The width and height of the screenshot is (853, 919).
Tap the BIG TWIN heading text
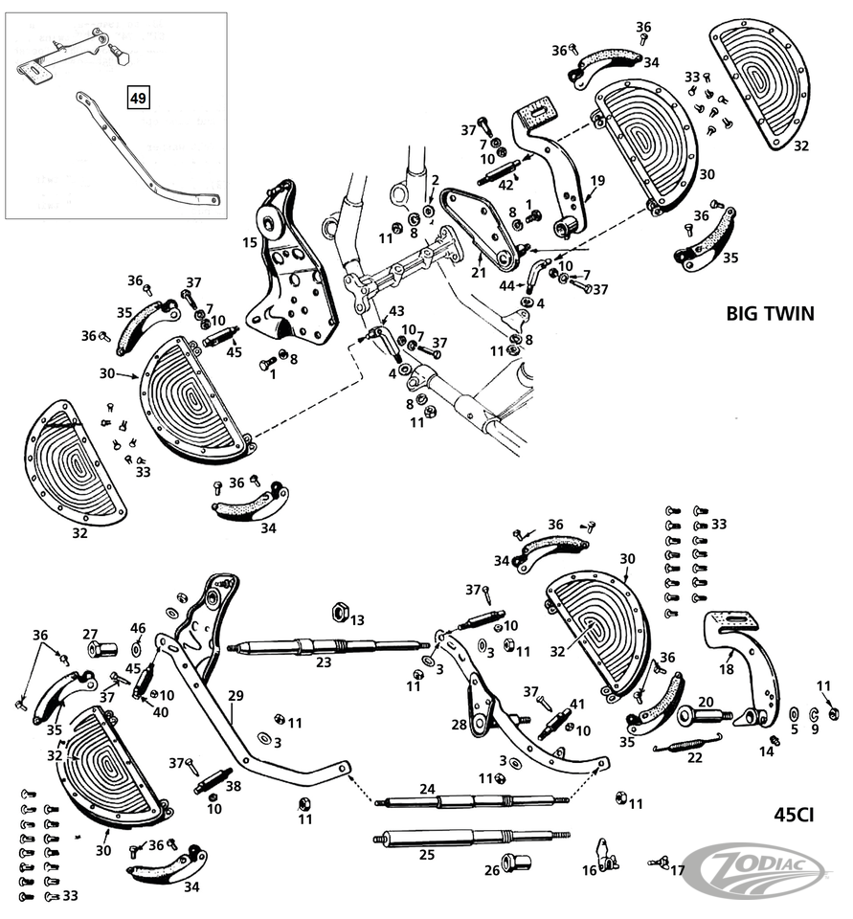[x=770, y=313]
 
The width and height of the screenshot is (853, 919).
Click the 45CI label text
[x=794, y=816]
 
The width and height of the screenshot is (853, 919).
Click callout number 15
[x=250, y=243]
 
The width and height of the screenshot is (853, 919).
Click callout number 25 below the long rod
[x=427, y=855]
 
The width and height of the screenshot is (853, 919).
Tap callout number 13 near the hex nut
[x=356, y=620]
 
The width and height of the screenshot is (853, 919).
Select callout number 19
[x=597, y=180]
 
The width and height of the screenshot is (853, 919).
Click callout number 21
[x=479, y=272]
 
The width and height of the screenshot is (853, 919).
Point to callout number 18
[x=727, y=669]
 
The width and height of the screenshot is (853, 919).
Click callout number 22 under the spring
[x=695, y=757]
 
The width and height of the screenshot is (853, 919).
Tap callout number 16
[x=590, y=870]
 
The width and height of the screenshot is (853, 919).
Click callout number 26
[x=491, y=870]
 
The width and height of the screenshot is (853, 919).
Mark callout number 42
[x=505, y=185]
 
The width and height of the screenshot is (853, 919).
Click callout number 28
[x=460, y=725]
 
